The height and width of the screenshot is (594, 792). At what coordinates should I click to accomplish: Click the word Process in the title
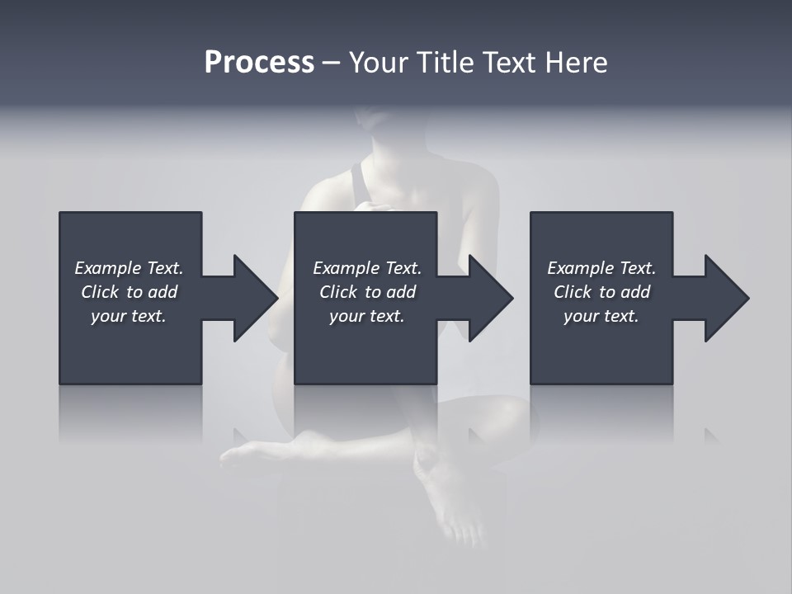259,63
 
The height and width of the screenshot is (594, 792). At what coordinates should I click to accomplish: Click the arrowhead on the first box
252,298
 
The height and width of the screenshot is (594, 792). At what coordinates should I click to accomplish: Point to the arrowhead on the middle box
488,298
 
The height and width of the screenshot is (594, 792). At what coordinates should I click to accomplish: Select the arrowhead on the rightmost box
724,298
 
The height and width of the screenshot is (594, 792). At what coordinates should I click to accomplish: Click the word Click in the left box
100,292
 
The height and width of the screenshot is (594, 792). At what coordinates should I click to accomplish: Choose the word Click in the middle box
338,292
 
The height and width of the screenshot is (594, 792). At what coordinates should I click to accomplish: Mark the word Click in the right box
573,292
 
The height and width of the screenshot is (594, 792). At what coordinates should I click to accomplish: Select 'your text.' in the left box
129,316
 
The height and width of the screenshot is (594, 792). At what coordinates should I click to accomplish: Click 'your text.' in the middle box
367,316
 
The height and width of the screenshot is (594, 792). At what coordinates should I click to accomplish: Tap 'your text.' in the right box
601,316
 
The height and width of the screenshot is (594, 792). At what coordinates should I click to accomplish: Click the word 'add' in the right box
636,292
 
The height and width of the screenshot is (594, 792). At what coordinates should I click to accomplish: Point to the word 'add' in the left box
163,292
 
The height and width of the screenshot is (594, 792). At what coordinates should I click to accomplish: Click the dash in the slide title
331,63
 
